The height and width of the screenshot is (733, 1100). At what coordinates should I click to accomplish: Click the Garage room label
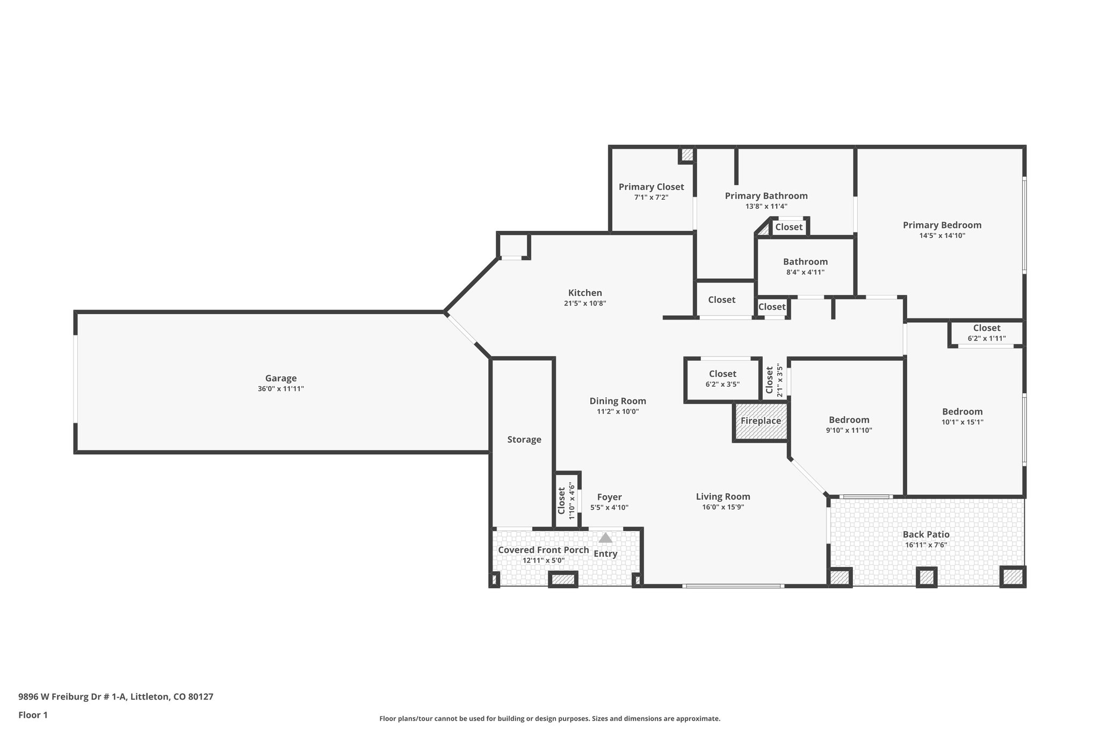[x=280, y=378]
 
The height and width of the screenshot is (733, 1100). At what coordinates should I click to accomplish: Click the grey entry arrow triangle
[x=605, y=538]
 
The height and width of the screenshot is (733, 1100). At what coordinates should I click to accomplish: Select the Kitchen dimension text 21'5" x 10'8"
[x=585, y=303]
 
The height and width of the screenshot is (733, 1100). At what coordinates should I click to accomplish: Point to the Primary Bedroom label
[x=942, y=225]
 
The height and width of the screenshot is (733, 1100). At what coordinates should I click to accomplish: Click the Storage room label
[x=524, y=439]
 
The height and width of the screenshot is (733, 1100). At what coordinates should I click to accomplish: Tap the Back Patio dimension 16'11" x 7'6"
[x=925, y=545]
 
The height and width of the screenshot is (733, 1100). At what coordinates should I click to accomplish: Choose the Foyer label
[x=609, y=497]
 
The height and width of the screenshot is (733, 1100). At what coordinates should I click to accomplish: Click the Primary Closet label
[x=651, y=187]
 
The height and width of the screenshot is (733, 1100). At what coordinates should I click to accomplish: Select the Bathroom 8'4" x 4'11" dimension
[x=805, y=272]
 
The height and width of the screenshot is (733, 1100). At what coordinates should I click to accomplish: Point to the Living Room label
[x=723, y=497]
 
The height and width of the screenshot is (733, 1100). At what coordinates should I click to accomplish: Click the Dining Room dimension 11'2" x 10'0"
[x=618, y=412]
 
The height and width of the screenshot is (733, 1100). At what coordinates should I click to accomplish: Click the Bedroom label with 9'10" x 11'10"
[x=849, y=420]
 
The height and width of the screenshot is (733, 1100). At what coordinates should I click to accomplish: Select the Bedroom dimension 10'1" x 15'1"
[x=962, y=422]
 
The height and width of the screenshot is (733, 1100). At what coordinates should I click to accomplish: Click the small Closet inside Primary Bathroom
[x=788, y=227]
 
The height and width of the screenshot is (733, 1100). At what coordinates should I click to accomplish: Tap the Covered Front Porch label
[x=543, y=550]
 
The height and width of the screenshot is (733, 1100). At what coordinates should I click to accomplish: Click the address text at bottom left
[x=115, y=696]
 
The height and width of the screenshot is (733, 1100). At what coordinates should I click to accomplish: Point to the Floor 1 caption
[x=33, y=715]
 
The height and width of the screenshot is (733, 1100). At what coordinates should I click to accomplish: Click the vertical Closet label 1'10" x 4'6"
[x=562, y=500]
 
